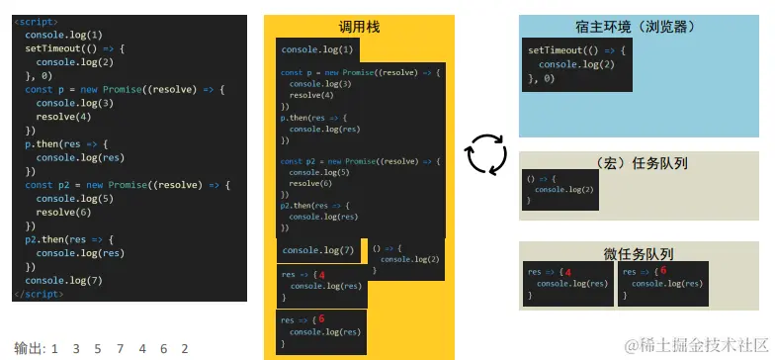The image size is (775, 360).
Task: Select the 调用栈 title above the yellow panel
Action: click(x=359, y=27)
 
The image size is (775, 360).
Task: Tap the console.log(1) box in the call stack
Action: click(x=315, y=49)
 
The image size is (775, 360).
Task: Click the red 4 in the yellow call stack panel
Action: click(x=321, y=275)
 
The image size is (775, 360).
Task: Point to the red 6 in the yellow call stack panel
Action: click(x=321, y=319)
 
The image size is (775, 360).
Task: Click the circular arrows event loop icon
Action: click(x=485, y=153)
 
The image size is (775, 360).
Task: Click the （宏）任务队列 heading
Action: click(x=644, y=163)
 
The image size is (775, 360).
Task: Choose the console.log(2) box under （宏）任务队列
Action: click(x=560, y=189)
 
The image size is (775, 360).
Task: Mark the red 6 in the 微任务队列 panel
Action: click(x=662, y=270)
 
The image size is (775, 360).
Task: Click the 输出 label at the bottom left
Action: click(x=29, y=348)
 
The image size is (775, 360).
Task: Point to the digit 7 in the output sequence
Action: click(x=119, y=348)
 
